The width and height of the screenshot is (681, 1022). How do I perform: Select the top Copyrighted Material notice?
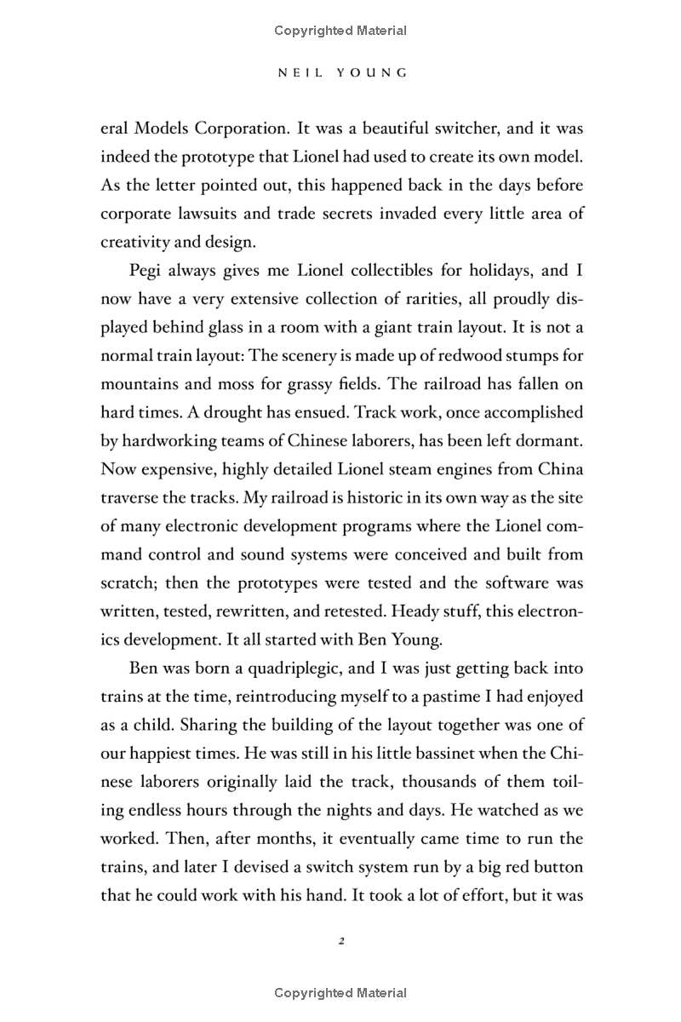pyautogui.click(x=340, y=31)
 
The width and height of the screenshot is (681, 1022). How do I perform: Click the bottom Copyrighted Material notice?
pyautogui.click(x=340, y=993)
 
